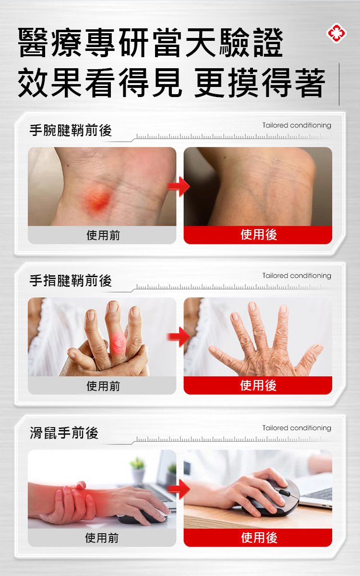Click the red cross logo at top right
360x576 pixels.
pyautogui.click(x=336, y=34)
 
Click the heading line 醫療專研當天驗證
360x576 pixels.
pyautogui.click(x=150, y=43)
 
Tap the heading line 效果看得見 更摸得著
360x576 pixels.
pyautogui.click(x=171, y=83)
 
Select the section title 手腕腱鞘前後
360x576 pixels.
pyautogui.click(x=71, y=130)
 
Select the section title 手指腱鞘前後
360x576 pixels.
pyautogui.click(x=71, y=281)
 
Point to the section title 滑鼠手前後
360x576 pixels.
pyautogui.click(x=64, y=433)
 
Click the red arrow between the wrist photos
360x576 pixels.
pyautogui.click(x=179, y=186)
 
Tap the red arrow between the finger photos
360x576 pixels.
pyautogui.click(x=179, y=336)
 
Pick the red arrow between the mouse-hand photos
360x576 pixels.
pyautogui.click(x=179, y=489)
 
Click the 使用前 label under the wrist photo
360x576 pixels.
pyautogui.click(x=103, y=235)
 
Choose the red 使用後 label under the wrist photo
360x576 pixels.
pyautogui.click(x=258, y=234)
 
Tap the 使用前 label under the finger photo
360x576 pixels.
pyautogui.click(x=103, y=386)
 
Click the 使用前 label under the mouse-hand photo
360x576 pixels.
pyautogui.click(x=102, y=538)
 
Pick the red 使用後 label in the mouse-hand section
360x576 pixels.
pyautogui.click(x=259, y=538)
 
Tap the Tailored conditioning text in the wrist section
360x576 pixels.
pyautogui.click(x=297, y=125)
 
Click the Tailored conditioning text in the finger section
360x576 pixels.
pyautogui.click(x=297, y=276)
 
